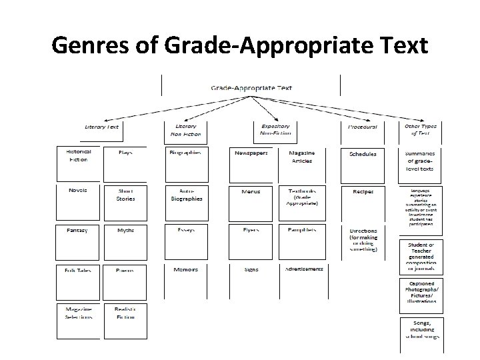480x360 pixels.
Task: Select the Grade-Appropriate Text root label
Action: pos(251,87)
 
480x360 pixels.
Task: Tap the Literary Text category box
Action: pos(102,127)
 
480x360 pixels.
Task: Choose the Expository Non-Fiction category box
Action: pos(275,129)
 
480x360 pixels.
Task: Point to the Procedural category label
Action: pos(363,127)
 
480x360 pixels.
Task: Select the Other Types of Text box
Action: pos(419,129)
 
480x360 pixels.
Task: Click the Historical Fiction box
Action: pos(78,156)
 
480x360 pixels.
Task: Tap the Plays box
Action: pos(125,153)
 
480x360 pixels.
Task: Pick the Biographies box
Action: pos(185,153)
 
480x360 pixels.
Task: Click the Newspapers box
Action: pos(251,153)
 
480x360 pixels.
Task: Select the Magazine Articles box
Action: pos(302,157)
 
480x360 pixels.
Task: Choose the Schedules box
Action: pos(363,154)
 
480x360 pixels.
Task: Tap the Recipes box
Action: pos(363,192)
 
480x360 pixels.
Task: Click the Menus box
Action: pos(251,192)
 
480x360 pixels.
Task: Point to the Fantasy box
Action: pos(77,230)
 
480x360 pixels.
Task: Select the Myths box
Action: pos(125,230)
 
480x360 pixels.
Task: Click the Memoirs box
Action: pos(185,269)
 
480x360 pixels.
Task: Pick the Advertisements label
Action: pos(303,269)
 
